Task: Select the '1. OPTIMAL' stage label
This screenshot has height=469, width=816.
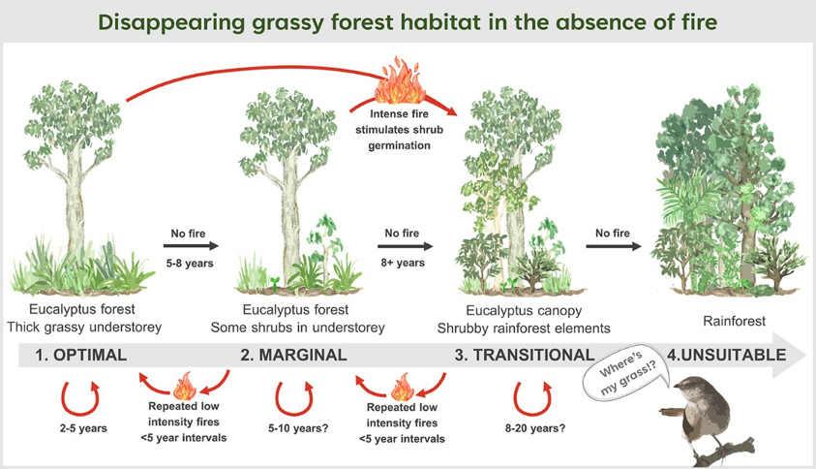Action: pos(80,355)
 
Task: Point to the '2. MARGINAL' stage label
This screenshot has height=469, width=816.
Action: pos(293,355)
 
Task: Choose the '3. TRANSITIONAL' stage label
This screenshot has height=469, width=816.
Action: pos(525,355)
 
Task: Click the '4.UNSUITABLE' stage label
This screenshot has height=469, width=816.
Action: pos(727,355)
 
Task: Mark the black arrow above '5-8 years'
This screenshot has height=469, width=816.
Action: pos(191,246)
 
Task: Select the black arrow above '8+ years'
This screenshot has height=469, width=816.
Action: pos(406,246)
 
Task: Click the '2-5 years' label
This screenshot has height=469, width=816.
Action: pos(83,428)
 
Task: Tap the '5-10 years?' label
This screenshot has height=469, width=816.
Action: pos(298,428)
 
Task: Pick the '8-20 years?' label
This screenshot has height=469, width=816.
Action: pos(535,428)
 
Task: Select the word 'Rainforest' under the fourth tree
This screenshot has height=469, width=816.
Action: pos(734,321)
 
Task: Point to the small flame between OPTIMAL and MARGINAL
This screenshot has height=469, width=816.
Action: pos(184,386)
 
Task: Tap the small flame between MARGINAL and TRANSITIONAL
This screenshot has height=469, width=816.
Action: pos(403,388)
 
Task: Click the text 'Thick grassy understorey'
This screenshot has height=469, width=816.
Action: pos(84,328)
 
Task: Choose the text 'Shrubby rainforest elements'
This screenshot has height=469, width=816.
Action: pos(524,328)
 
